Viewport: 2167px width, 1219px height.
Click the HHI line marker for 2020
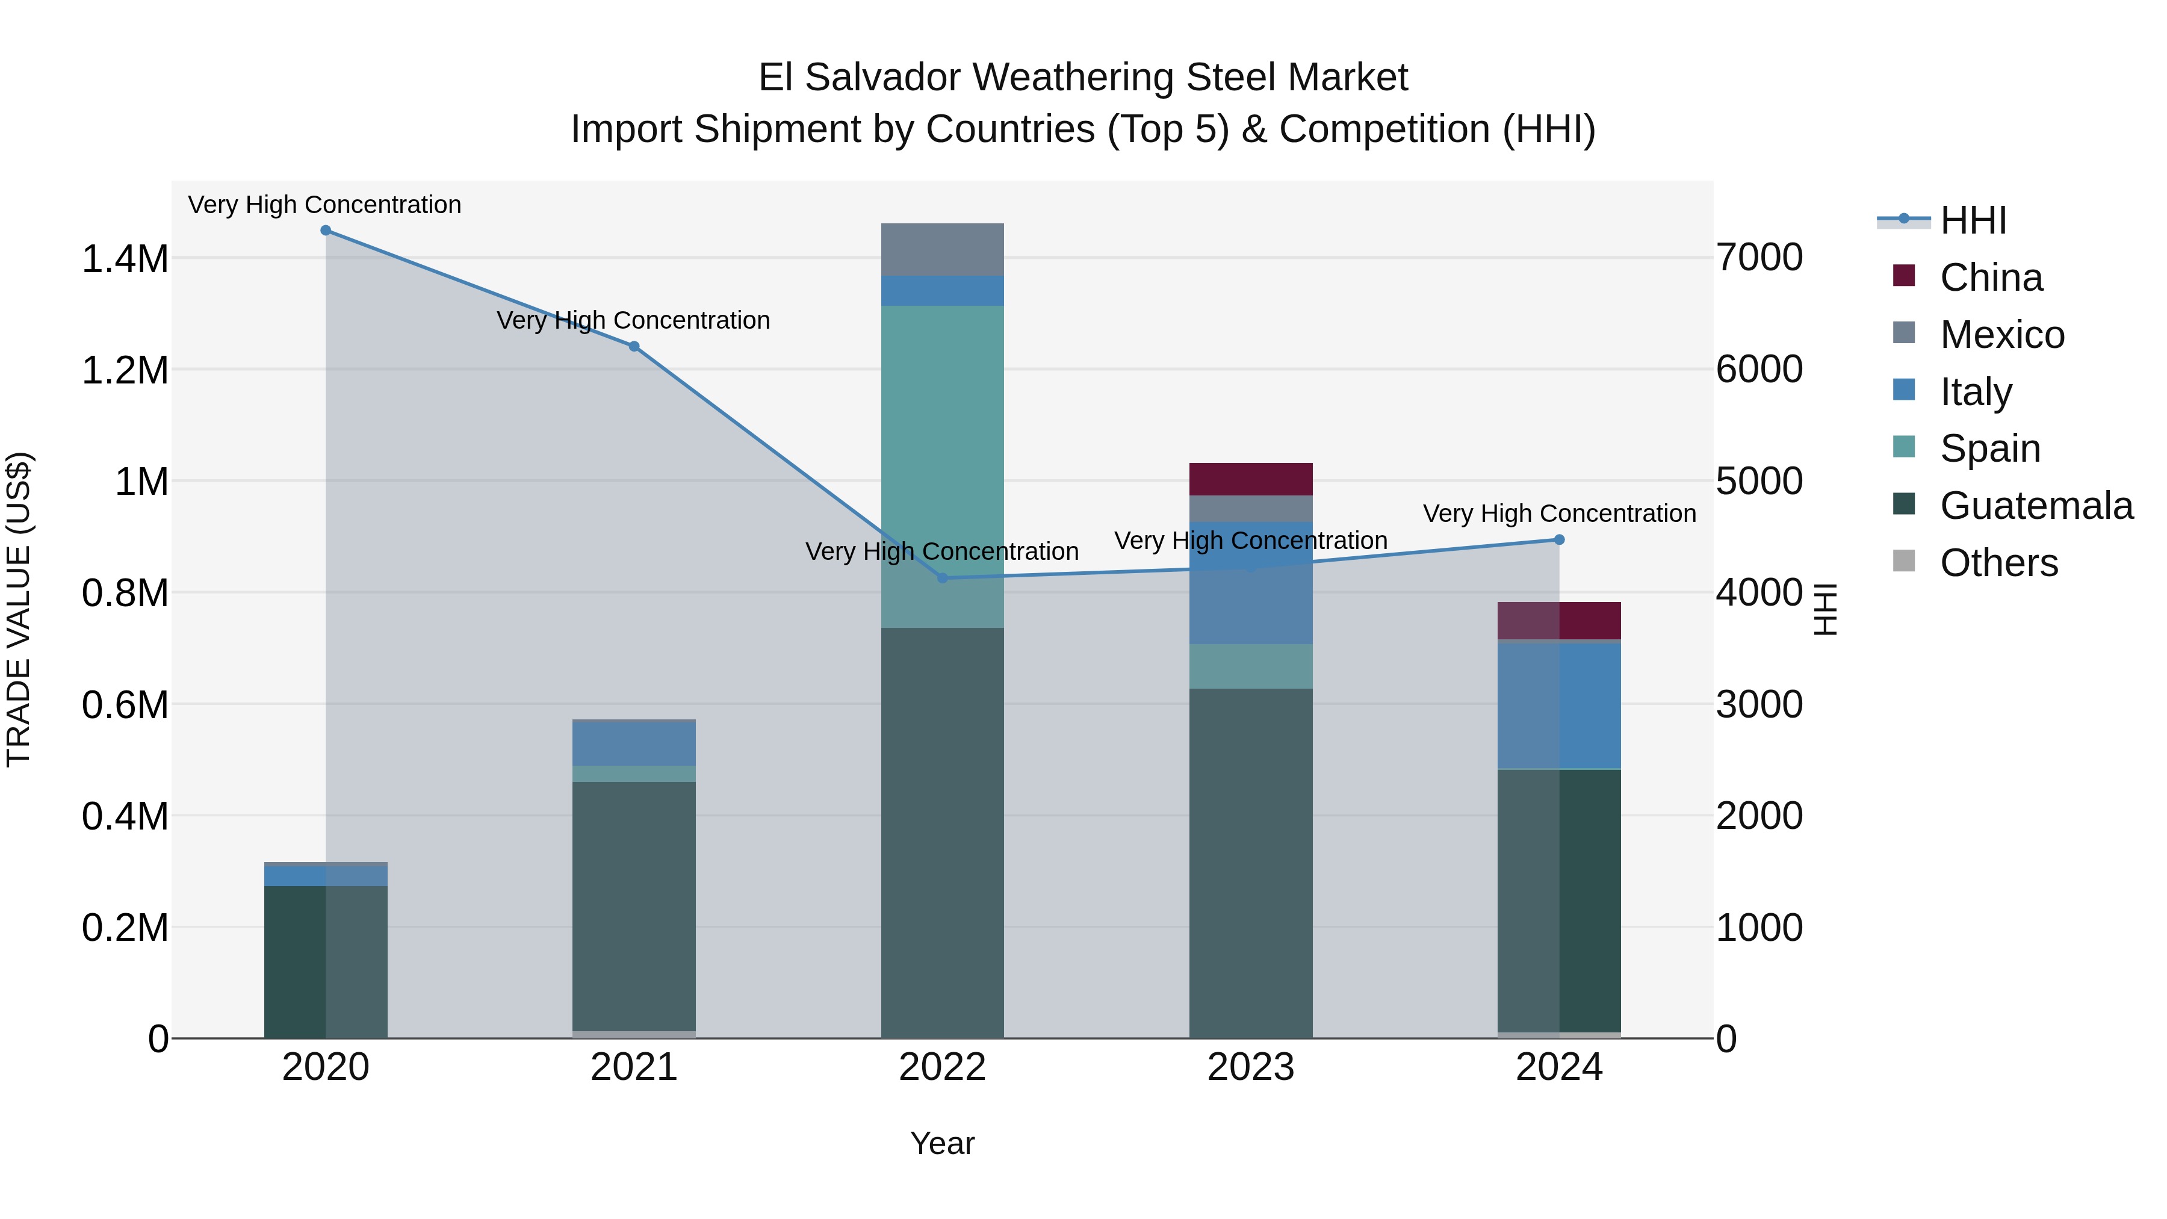point(326,231)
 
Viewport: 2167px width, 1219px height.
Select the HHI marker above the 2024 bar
point(1559,540)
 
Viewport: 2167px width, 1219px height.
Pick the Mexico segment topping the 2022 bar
point(942,250)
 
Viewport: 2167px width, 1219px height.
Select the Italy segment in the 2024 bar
point(1559,705)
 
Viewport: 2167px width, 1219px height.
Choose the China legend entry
point(1991,278)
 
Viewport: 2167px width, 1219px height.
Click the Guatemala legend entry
point(2036,506)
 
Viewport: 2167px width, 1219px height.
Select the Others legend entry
point(1998,563)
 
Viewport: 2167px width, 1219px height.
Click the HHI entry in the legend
point(1973,220)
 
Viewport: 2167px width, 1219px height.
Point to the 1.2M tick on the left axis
point(125,370)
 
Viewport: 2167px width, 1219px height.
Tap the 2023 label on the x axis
point(1251,1067)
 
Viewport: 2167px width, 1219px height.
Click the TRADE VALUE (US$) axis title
point(19,609)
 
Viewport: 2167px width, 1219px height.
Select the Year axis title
point(942,1143)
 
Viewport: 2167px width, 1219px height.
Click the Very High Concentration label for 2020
point(324,205)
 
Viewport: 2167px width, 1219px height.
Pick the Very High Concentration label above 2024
point(1559,513)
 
